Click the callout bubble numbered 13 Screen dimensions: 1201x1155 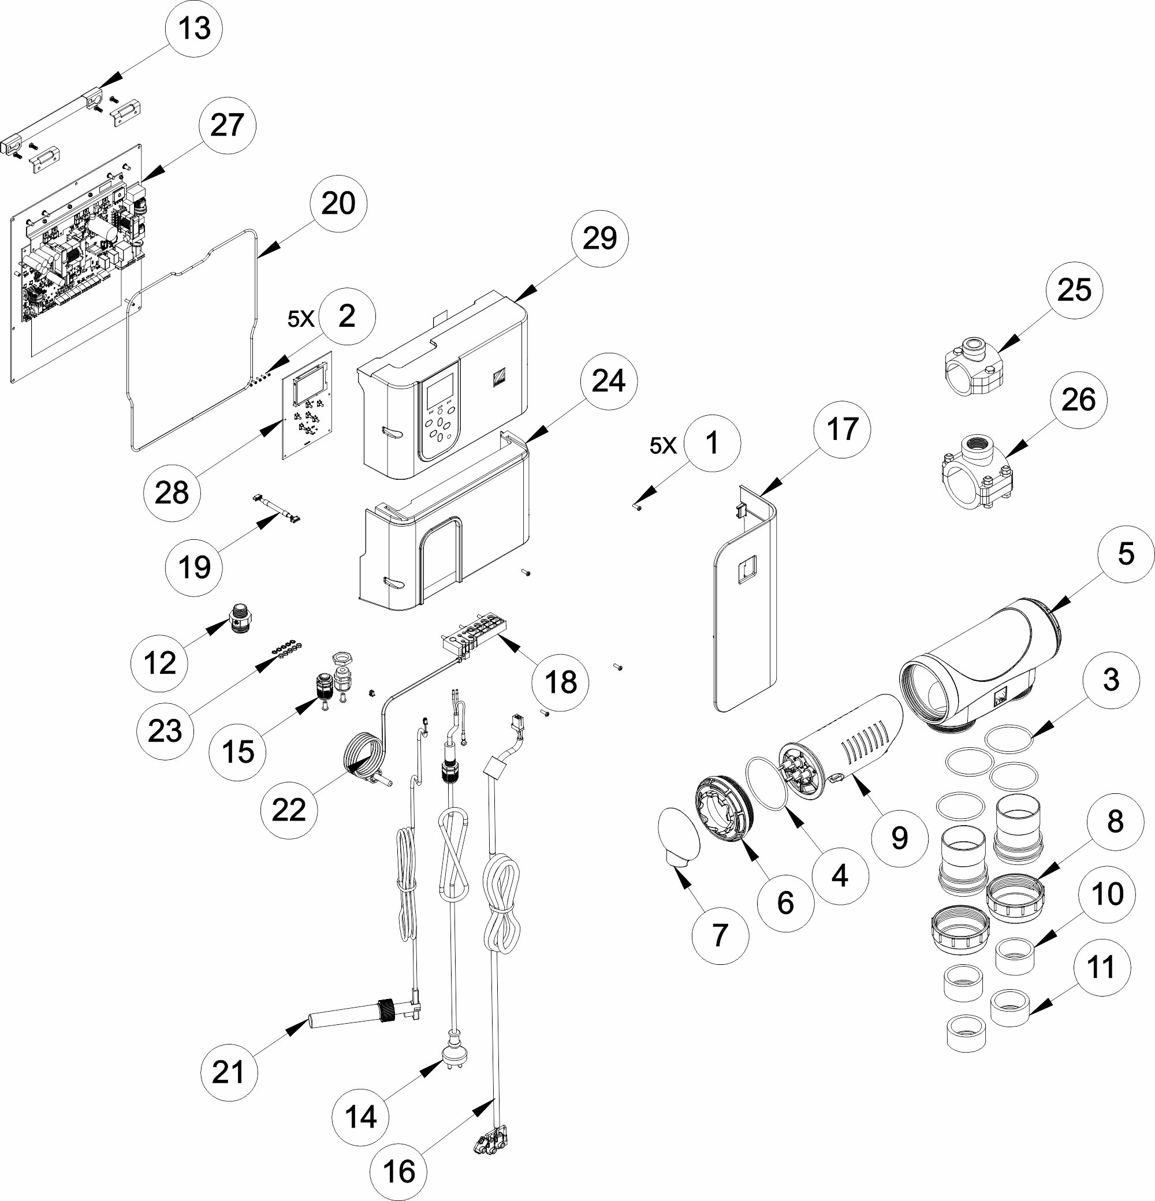193,29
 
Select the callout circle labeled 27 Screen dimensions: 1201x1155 227,126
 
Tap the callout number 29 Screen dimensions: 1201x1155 599,238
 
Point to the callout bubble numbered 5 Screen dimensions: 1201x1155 1126,554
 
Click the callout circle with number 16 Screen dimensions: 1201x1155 399,1172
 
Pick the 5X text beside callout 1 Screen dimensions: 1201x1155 663,446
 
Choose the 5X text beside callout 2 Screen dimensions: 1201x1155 301,319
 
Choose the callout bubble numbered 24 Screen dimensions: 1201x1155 609,381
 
